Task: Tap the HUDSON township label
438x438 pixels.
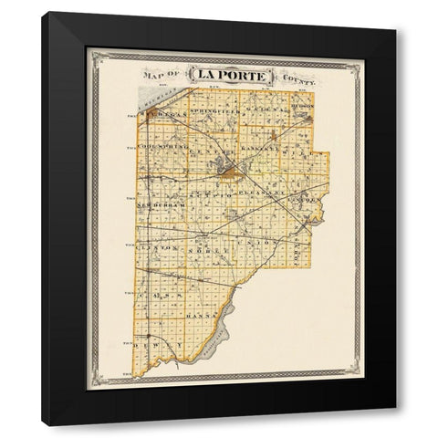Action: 304,107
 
